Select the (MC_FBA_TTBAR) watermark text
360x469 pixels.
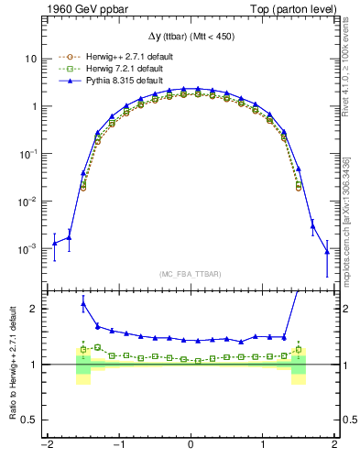coord(190,273)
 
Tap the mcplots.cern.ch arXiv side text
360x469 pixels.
coord(349,211)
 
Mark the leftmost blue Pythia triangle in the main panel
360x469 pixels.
coord(54,242)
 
